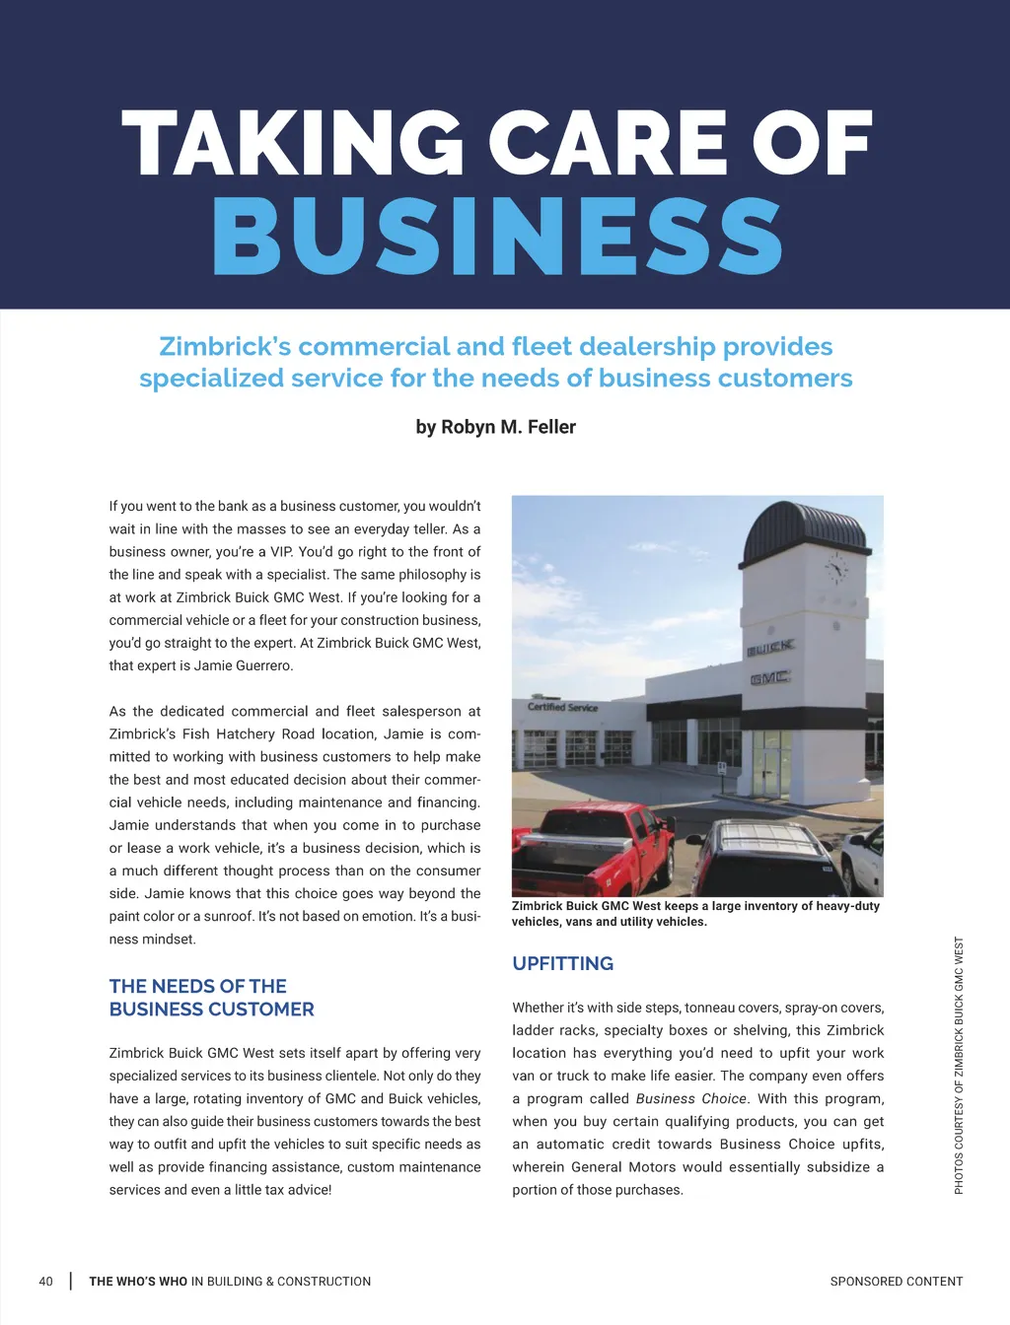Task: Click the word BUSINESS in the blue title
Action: (497, 237)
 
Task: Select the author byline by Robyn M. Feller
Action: (495, 427)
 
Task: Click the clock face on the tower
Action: (836, 569)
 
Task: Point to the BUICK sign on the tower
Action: (769, 648)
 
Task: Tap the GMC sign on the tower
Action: (769, 678)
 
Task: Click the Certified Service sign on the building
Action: (562, 707)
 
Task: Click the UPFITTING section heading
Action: (562, 963)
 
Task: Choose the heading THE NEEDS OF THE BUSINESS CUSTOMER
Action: (211, 998)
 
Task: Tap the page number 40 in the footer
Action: (45, 1282)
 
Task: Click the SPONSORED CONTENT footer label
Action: (896, 1282)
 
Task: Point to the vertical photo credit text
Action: (959, 1065)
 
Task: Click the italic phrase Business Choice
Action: (690, 1099)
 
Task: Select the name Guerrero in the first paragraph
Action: (263, 665)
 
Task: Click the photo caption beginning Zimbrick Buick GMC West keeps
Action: (694, 914)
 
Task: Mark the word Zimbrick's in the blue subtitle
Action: (224, 347)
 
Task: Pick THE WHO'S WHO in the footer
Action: (138, 1282)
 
